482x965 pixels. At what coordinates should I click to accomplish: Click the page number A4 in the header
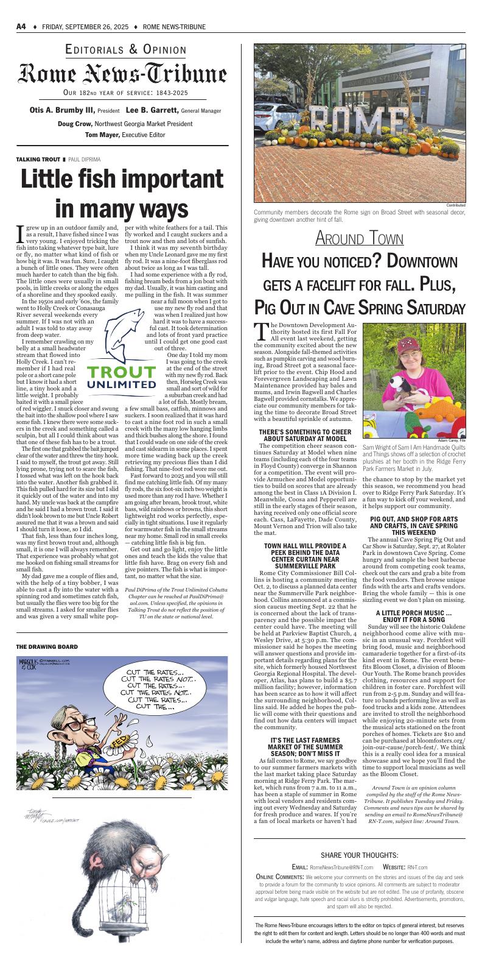[21, 27]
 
